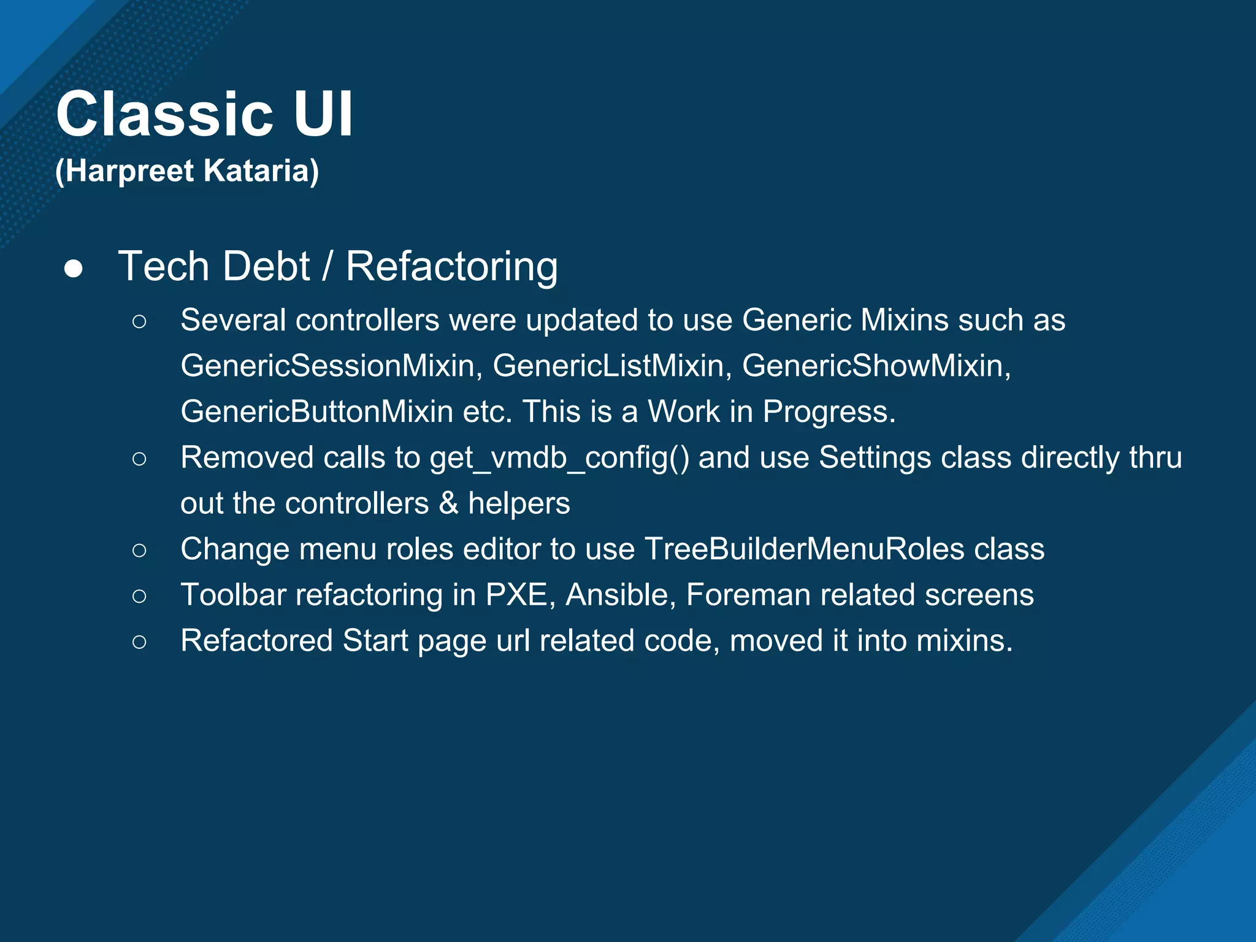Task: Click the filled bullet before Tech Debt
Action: click(x=74, y=269)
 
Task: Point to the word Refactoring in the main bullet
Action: click(x=451, y=267)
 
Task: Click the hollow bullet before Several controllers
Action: click(x=139, y=321)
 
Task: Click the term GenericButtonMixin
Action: click(x=316, y=412)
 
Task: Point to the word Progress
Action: click(x=828, y=412)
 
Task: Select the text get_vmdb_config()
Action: click(x=559, y=458)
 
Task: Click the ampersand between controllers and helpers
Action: click(x=448, y=504)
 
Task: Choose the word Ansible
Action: click(x=620, y=595)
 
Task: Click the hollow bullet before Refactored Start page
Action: click(x=139, y=641)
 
